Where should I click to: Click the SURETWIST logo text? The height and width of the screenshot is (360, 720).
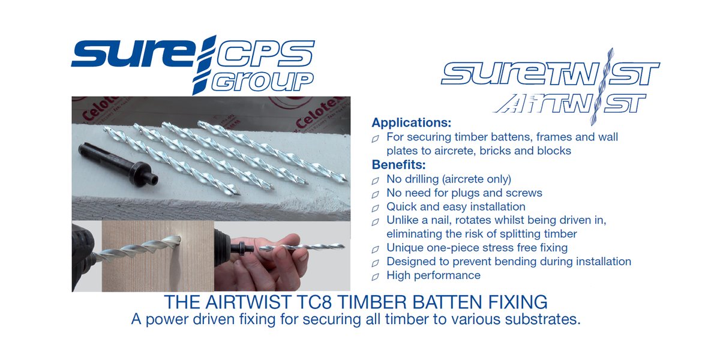(x=550, y=73)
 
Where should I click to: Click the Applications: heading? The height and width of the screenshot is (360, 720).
(x=411, y=123)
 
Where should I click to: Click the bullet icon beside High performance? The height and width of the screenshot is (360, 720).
(x=376, y=277)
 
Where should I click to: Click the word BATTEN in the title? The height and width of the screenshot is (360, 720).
(x=434, y=301)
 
